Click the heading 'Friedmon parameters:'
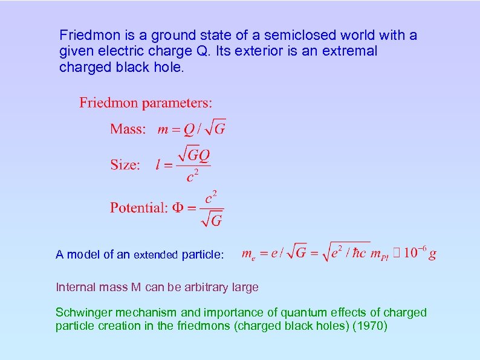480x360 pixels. point(146,103)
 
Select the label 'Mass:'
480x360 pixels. point(128,129)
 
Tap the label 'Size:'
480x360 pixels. point(125,165)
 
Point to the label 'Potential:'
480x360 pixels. point(138,208)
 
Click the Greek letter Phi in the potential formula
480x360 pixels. point(178,208)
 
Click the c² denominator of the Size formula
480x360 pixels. point(193,176)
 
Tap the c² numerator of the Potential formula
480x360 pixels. point(211,197)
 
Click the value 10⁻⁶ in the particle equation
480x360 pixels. point(414,252)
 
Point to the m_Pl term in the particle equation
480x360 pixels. point(380,254)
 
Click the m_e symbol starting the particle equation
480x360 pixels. point(248,254)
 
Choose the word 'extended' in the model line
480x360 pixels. point(156,255)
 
